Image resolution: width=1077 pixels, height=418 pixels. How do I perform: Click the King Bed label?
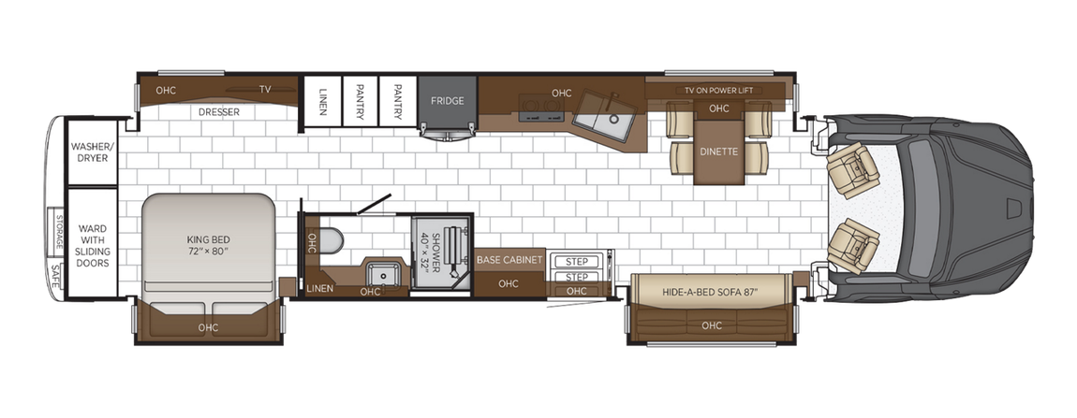point(208,244)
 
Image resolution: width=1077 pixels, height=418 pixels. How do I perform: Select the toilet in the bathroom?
point(330,239)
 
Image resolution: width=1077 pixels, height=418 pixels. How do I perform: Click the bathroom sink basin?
point(379,274)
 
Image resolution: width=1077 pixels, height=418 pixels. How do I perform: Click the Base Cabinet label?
point(509,260)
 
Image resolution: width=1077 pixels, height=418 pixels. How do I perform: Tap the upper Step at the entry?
point(576,261)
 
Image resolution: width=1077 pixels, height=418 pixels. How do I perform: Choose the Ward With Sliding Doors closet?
point(93,245)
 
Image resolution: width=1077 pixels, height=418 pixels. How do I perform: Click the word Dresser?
point(219,112)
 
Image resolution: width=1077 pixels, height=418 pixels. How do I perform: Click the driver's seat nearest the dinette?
point(855,168)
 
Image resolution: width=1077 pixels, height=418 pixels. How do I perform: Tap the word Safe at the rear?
point(56,276)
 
